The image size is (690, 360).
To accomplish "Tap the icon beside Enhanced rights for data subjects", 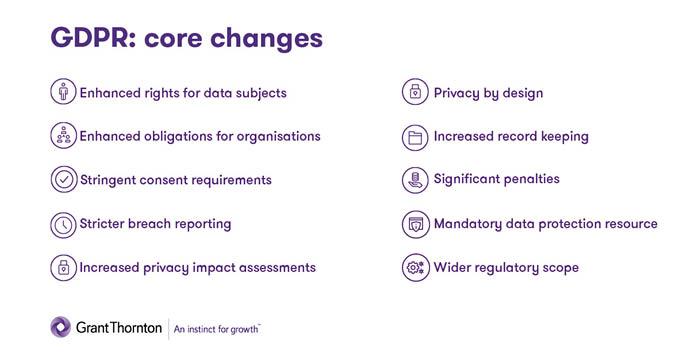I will point(62,92).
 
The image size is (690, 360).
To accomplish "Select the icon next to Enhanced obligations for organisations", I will point(62,136).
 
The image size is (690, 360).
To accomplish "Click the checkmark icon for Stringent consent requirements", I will point(62,180).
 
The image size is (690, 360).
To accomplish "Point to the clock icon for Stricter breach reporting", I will point(62,224).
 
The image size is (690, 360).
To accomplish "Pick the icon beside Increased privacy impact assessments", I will point(62,268).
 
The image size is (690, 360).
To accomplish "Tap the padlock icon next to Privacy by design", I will point(415,92).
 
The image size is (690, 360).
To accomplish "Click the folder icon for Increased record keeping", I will point(415,136).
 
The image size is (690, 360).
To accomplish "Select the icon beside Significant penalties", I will point(415,180).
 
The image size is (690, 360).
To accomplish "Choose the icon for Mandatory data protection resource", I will point(415,224).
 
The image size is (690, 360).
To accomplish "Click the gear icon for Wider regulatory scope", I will point(415,268).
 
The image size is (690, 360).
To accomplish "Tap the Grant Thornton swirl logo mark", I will point(61,326).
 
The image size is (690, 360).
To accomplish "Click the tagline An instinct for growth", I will point(217,327).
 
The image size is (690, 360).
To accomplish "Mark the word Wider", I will point(453,268).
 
